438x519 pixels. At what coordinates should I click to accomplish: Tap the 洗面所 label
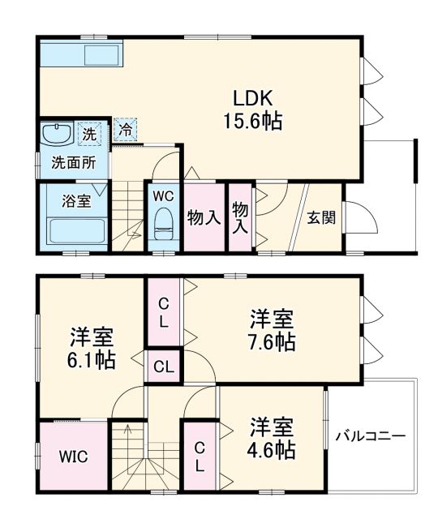pos(74,162)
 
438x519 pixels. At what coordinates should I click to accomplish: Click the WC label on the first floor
pos(164,195)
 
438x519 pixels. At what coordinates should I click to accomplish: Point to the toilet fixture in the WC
pos(164,224)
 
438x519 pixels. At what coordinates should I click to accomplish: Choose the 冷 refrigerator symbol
pos(126,128)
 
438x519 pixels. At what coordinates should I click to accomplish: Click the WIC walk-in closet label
pos(73,455)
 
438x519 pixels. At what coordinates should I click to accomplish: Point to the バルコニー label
pos(371,435)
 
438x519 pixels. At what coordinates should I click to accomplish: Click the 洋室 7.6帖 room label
pos(271,329)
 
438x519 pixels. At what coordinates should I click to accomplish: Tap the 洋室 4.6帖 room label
pos(271,437)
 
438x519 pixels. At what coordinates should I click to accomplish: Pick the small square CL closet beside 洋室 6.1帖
pos(163,367)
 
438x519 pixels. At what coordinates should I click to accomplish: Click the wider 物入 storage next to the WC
pos(204,217)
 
